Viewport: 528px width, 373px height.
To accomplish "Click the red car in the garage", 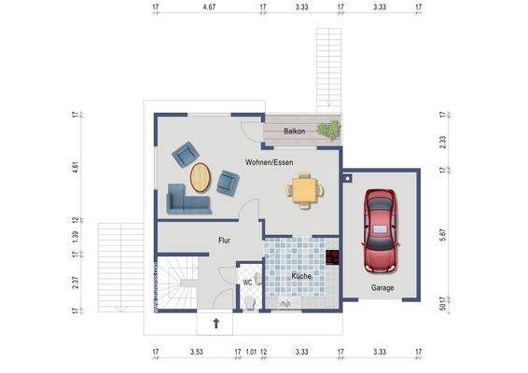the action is pos(380,230).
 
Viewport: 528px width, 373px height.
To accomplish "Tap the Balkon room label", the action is pos(294,131).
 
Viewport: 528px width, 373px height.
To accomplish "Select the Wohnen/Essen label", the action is pos(269,162).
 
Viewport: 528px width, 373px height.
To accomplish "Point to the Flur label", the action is pos(224,241).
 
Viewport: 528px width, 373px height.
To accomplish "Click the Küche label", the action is pos(301,276).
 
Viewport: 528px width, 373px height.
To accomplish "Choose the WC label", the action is pos(247,283).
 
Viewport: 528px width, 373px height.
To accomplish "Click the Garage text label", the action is pos(382,288).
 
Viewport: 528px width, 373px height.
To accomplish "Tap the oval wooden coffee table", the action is pos(201,177).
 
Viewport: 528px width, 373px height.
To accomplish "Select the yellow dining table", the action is pos(305,190).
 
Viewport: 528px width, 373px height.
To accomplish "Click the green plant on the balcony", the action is pos(328,130).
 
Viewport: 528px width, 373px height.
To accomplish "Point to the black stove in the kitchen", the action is pos(332,256).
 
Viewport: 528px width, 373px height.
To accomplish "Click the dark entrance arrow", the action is pos(216,324).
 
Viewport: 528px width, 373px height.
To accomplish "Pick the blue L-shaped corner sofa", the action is pos(188,200).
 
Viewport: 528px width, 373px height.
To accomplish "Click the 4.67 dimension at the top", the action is pos(209,7).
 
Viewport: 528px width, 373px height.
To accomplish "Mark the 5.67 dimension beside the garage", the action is pos(443,235).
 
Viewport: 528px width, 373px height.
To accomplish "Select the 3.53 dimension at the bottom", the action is pos(196,352).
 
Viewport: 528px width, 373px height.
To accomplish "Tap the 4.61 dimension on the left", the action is pos(76,167).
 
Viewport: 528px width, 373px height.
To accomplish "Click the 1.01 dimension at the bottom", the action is pos(251,352).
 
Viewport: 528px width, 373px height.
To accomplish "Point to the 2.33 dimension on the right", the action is pos(443,142).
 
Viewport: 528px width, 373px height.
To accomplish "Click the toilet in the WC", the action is pos(250,302).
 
